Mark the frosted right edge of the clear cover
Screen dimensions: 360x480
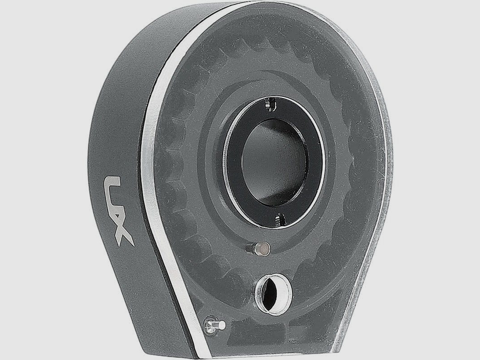click(382, 180)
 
